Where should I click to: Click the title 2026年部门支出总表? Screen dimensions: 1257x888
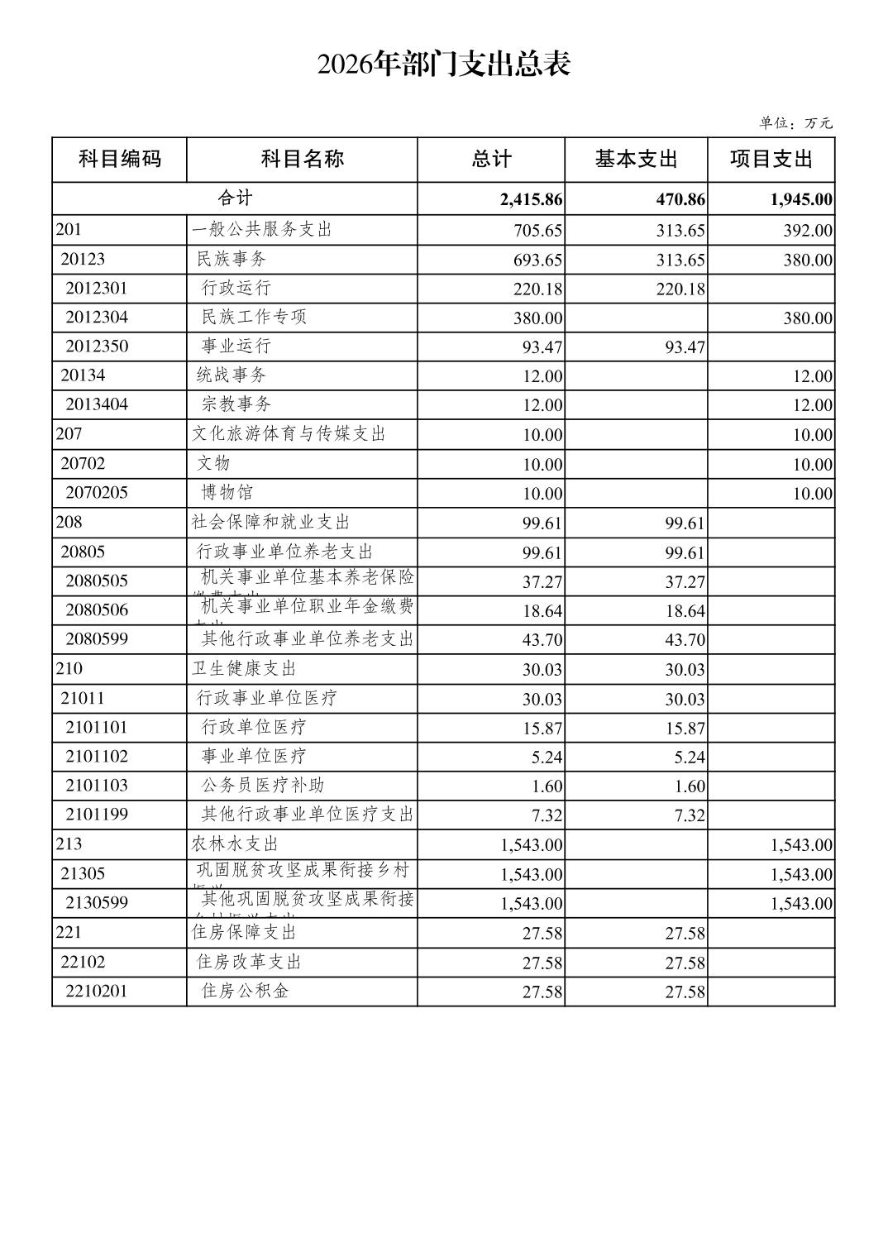click(444, 65)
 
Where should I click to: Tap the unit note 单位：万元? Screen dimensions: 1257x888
click(795, 123)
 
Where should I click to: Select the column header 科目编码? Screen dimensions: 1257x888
click(119, 159)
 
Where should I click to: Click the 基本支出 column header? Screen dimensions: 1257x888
click(636, 159)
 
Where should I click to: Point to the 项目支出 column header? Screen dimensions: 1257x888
click(771, 159)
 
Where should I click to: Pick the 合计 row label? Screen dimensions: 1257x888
click(235, 198)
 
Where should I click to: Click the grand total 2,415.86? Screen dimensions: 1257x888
click(531, 199)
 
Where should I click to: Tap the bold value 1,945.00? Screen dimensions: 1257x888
click(800, 199)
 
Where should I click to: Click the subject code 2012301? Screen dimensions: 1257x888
click(97, 289)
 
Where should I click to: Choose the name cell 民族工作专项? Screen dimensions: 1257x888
click(254, 317)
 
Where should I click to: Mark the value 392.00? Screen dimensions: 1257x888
click(808, 231)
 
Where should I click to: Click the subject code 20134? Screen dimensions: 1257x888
click(83, 375)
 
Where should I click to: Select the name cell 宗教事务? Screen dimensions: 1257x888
click(236, 404)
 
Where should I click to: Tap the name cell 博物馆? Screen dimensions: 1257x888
click(227, 492)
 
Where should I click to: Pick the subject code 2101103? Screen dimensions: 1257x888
click(97, 785)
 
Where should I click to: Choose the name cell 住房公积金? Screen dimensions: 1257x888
click(246, 990)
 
